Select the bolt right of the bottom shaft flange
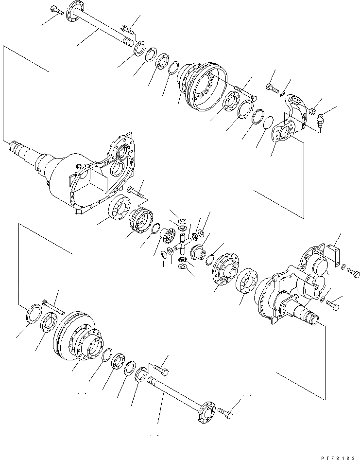[x=225, y=414]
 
